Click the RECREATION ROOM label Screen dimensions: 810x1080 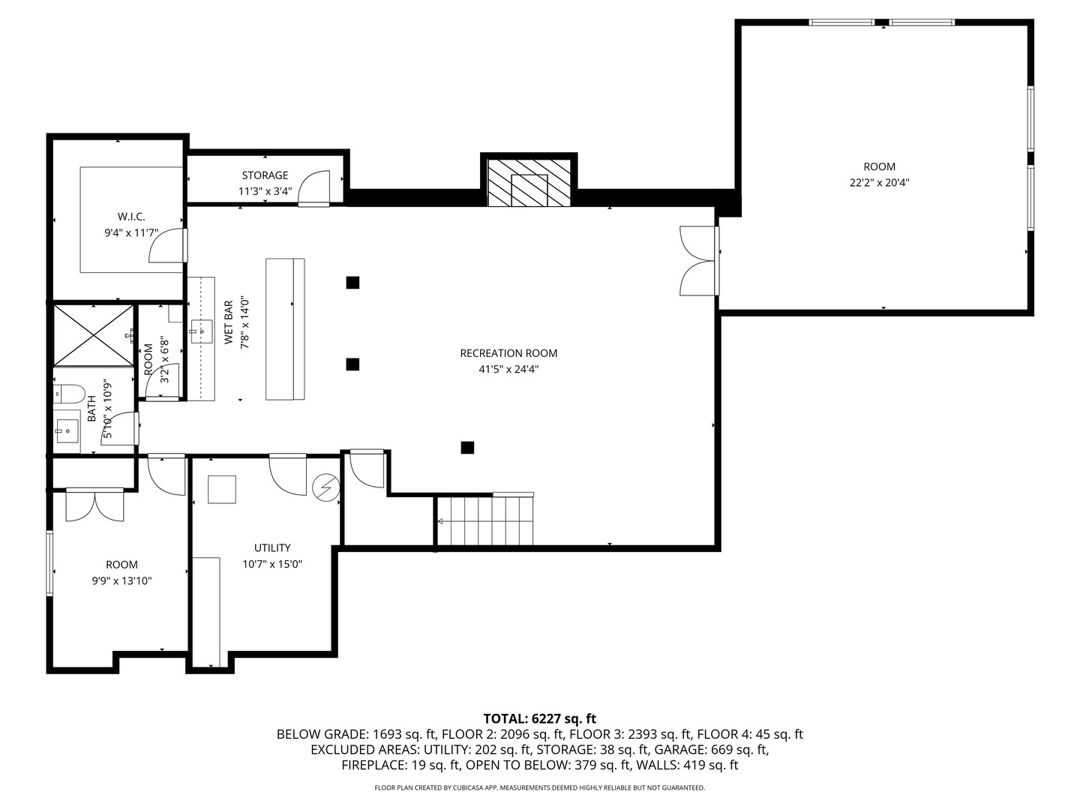(508, 353)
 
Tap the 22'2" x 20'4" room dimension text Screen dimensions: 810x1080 (879, 182)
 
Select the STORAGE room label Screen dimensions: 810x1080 (265, 175)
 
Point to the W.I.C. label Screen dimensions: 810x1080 (131, 217)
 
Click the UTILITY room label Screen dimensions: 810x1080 (272, 548)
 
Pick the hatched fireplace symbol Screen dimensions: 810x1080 (529, 182)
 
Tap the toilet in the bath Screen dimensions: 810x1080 (67, 393)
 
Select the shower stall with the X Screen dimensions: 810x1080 (92, 334)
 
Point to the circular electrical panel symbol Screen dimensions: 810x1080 (325, 487)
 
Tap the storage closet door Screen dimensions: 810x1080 (314, 188)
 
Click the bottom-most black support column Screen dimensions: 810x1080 (467, 448)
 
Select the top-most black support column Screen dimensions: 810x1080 (352, 283)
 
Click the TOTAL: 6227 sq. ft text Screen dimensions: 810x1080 (539, 718)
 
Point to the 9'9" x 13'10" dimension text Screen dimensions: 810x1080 (121, 580)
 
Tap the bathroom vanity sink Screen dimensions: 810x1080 (67, 430)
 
